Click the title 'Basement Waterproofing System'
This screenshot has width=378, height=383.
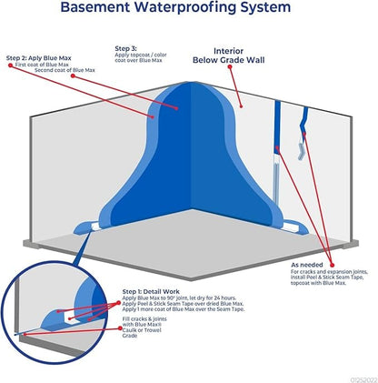pos(188,11)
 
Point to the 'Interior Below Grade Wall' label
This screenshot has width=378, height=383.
pos(227,57)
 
